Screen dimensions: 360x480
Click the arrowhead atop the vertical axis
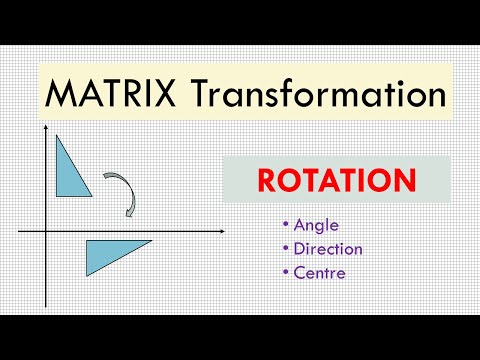coord(45,130)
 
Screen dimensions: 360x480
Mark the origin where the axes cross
coord(45,232)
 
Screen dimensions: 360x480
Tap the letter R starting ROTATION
coord(267,182)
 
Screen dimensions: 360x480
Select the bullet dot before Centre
coord(285,272)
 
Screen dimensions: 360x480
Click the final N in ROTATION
coord(405,182)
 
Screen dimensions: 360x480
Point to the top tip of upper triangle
coord(58,136)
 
